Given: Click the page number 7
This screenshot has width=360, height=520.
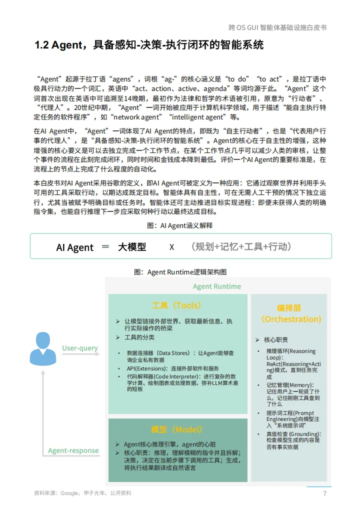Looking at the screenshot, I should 325,493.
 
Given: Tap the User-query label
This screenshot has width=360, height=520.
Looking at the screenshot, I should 80,348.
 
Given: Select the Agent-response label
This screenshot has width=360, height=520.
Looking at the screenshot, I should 73,450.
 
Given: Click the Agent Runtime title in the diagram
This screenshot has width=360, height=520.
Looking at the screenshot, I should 216,286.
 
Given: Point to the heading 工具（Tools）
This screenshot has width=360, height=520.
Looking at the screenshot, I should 177,305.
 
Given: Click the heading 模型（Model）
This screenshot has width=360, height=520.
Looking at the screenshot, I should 177,429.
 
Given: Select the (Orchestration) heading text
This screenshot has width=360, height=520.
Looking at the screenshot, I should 291,319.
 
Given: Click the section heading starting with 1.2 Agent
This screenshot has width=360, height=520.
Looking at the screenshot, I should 149,45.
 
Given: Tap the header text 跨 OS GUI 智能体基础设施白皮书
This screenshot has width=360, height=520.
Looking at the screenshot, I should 277,27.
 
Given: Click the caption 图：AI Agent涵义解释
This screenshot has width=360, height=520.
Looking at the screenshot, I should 179,225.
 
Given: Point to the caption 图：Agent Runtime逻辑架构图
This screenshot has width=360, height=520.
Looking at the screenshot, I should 180,272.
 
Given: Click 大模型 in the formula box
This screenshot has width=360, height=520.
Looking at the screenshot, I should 132,247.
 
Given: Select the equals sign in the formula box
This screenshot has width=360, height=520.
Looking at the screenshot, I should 105,247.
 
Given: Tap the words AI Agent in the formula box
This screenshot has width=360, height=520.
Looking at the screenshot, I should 74,247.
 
